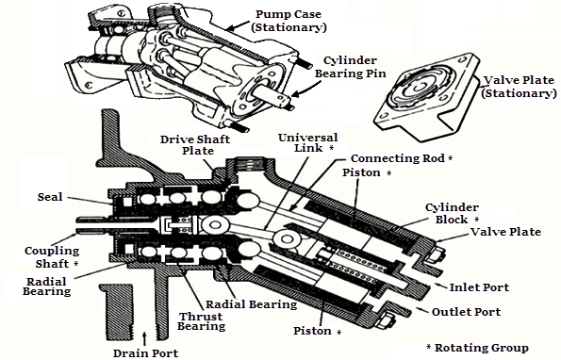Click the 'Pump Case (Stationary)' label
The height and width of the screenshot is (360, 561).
tap(289, 21)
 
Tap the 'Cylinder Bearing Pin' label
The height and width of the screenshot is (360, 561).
tap(350, 67)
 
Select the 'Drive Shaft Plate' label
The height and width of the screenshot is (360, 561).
tap(195, 145)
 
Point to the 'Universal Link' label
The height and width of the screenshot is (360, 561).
tap(307, 142)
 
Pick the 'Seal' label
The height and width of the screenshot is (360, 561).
tap(50, 197)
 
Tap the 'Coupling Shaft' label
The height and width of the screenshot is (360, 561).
tap(52, 257)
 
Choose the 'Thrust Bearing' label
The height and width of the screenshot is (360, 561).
tap(201, 321)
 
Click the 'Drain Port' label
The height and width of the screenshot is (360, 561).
tap(145, 353)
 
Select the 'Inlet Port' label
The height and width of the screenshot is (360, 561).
tap(479, 287)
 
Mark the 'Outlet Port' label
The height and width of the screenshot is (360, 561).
tap(466, 312)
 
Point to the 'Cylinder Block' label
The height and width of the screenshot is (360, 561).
tap(452, 213)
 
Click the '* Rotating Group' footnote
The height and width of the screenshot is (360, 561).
tap(477, 348)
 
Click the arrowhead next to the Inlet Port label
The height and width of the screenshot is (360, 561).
tap(438, 286)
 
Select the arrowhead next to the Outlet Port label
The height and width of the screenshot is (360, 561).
tap(421, 309)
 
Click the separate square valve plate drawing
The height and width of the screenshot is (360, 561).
tap(427, 96)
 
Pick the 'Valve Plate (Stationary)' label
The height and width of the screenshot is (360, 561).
tap(519, 87)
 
